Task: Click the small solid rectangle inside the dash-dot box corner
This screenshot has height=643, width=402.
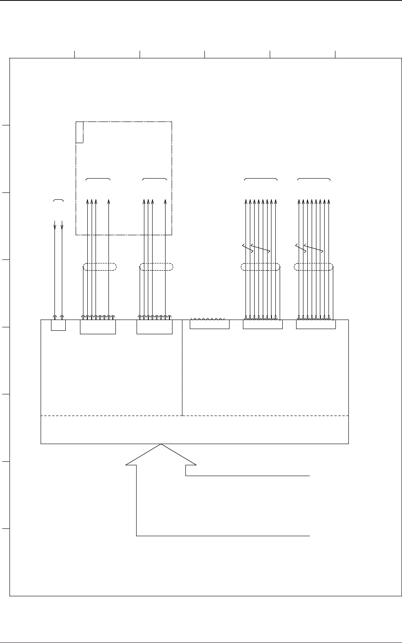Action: pyautogui.click(x=80, y=132)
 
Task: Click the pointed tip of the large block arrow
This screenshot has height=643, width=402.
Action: pyautogui.click(x=161, y=445)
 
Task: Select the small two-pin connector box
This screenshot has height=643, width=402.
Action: pyautogui.click(x=58, y=325)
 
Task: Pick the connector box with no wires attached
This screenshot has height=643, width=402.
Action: pyautogui.click(x=210, y=324)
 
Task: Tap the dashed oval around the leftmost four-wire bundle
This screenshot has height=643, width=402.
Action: pyautogui.click(x=100, y=267)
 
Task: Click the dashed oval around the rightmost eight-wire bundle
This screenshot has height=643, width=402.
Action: pyautogui.click(x=313, y=267)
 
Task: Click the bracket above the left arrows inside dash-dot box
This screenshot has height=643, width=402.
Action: pyautogui.click(x=98, y=178)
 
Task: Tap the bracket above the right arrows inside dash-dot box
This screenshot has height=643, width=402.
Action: pyautogui.click(x=155, y=178)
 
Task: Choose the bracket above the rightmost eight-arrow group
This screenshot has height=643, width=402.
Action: pyautogui.click(x=315, y=178)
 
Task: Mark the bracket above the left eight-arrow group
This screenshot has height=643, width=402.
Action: pyautogui.click(x=261, y=178)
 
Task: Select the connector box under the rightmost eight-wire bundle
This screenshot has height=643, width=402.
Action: pyautogui.click(x=316, y=324)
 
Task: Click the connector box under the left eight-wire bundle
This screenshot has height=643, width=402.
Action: pyautogui.click(x=263, y=324)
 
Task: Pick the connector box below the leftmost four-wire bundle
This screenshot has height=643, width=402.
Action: pyautogui.click(x=98, y=327)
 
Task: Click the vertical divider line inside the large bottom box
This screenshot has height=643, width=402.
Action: pyautogui.click(x=182, y=368)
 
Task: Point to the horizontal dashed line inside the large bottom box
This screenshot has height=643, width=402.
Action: pyautogui.click(x=195, y=416)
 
